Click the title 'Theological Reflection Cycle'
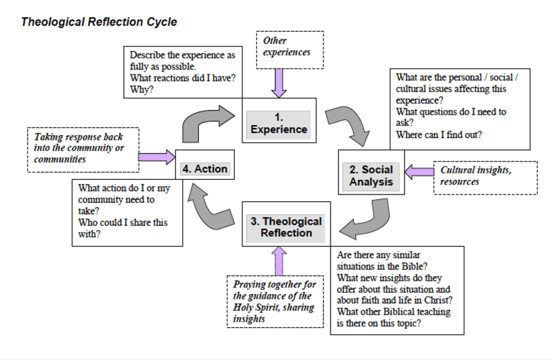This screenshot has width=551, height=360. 99,22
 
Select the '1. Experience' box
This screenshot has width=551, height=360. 278,123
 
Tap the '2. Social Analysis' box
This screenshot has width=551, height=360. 371,176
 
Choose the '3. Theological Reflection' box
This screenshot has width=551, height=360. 286,227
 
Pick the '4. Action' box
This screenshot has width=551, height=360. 205,169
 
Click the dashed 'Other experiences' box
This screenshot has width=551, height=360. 289,49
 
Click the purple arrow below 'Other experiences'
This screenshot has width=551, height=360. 278,82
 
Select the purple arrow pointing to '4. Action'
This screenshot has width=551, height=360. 157,157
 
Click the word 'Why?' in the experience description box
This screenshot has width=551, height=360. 141,89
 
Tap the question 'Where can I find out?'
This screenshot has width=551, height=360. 438,135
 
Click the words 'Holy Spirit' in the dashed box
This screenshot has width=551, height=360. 258,308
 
